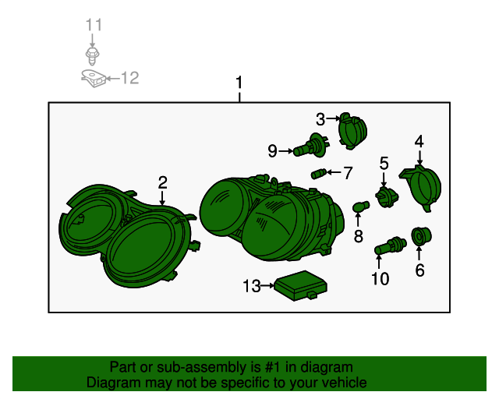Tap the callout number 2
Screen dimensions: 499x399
point(163,182)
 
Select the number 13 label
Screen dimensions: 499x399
point(251,286)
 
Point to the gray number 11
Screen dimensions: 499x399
point(94,25)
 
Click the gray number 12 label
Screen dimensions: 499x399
point(130,78)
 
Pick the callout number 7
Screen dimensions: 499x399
point(348,173)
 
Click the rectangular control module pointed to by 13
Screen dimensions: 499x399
point(301,285)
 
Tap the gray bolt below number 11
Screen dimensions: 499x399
point(93,56)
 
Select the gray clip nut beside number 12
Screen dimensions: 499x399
point(94,79)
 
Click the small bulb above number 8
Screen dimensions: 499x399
point(361,207)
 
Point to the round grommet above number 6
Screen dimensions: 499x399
point(421,236)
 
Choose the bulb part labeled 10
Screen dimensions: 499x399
point(390,245)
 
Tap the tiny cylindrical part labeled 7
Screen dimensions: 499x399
point(319,174)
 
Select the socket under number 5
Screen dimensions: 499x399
point(387,197)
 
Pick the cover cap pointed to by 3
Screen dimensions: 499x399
point(352,131)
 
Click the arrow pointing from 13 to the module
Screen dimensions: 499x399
point(267,286)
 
